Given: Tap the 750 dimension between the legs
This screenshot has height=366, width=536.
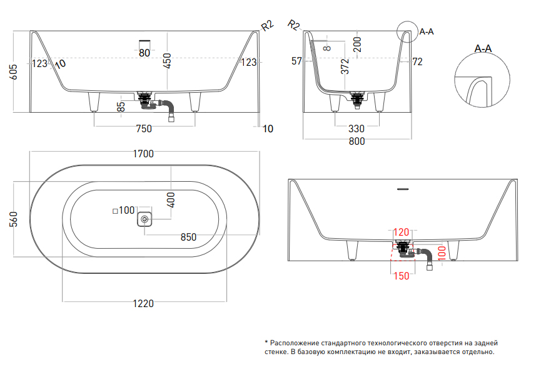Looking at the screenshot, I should click(x=144, y=129).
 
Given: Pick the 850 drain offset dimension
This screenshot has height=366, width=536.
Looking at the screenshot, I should click(x=188, y=238).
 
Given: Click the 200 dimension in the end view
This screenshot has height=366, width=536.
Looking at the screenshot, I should click(x=356, y=44).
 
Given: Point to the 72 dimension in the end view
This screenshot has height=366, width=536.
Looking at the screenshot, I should click(x=418, y=61).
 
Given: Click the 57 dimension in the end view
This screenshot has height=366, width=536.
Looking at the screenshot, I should click(x=296, y=61).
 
